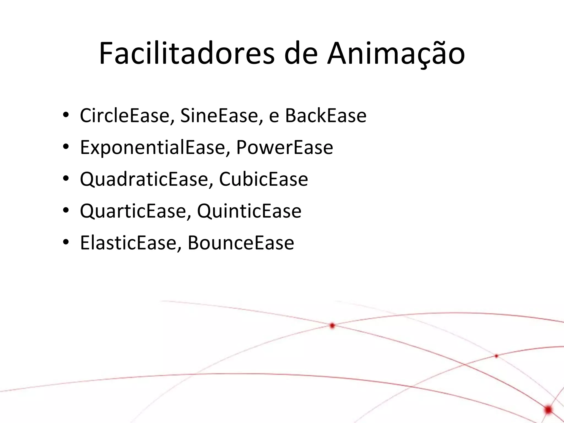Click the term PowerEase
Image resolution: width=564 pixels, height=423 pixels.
(284, 147)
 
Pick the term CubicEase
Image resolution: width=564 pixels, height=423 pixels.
(263, 179)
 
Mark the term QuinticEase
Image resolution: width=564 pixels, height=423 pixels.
(249, 211)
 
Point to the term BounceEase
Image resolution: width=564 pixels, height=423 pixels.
(241, 243)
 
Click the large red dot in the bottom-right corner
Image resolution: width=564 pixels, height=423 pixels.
(548, 410)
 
